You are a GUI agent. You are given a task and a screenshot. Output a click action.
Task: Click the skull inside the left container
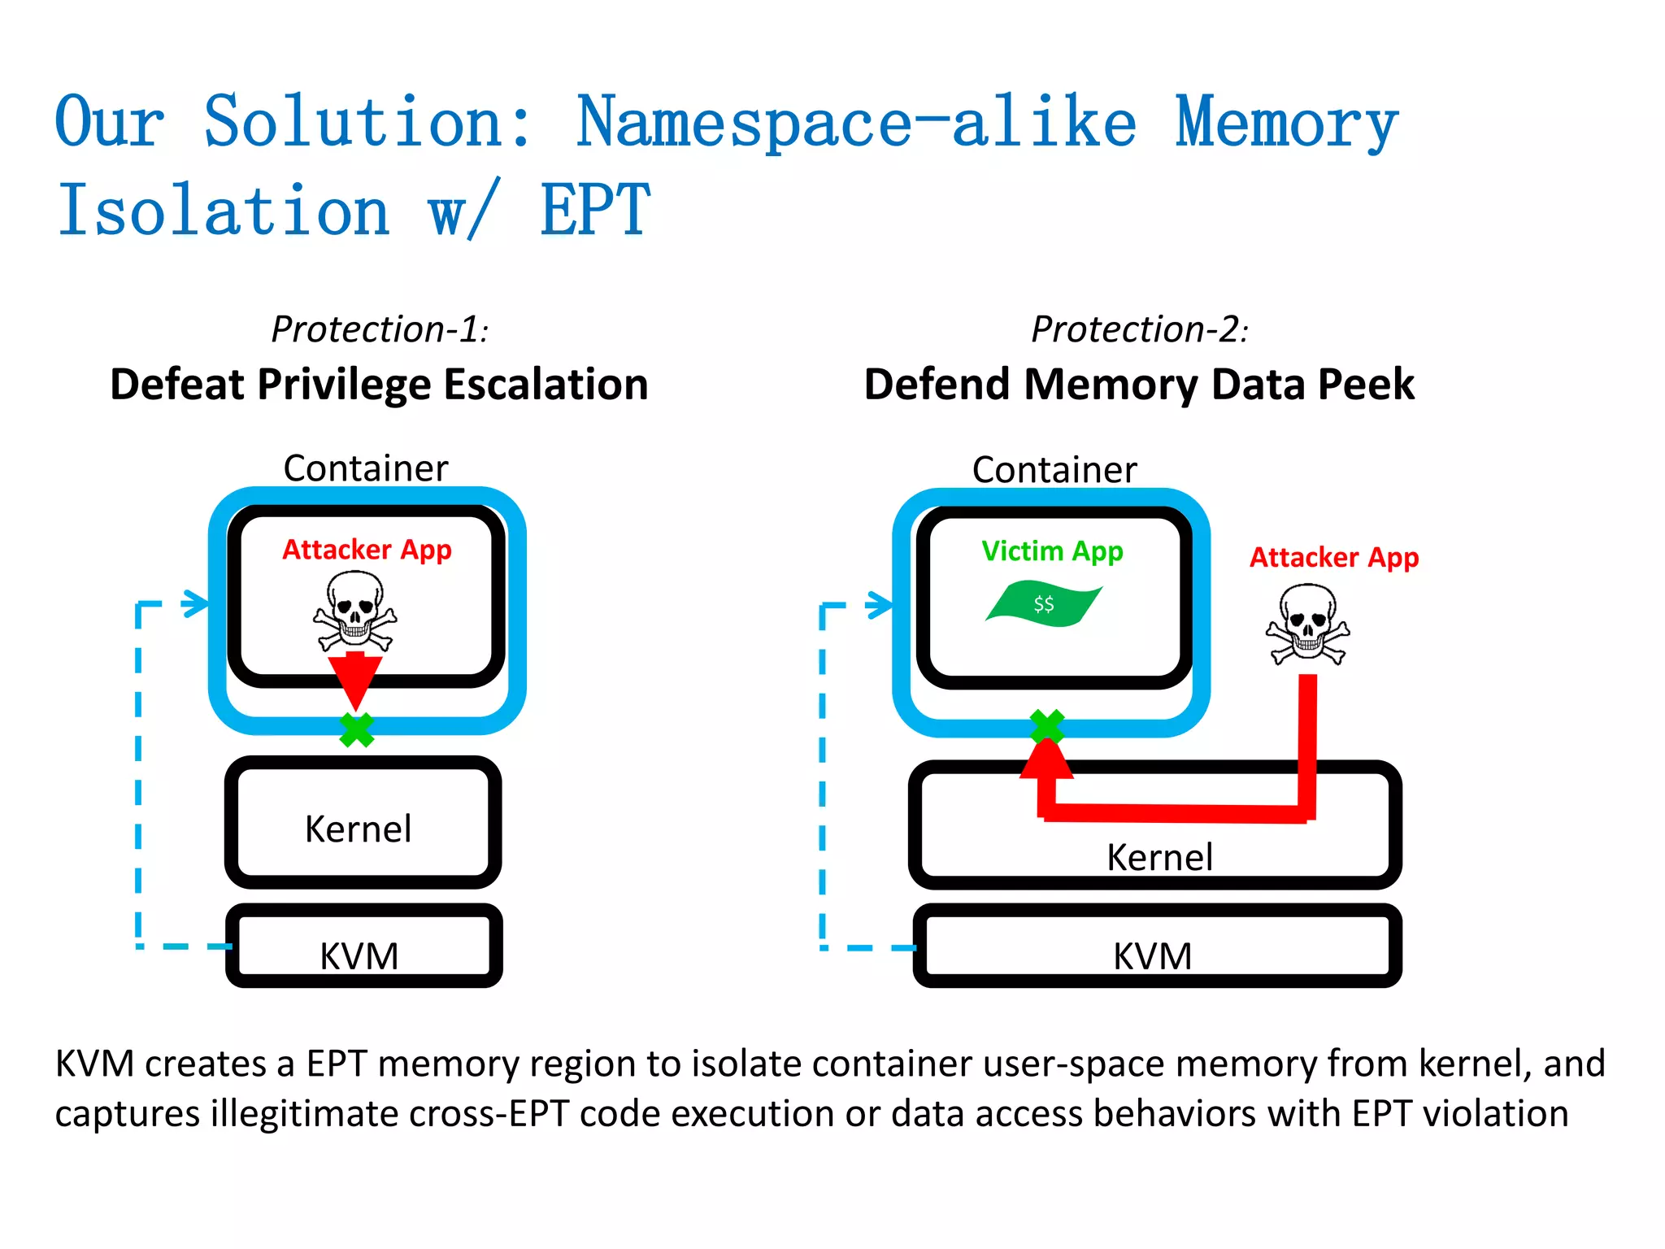click(354, 610)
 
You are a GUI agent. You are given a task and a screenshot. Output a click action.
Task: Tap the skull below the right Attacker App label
click(1307, 624)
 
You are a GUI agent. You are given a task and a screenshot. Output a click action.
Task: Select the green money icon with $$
click(1044, 603)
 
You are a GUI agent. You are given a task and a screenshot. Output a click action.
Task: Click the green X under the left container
click(356, 729)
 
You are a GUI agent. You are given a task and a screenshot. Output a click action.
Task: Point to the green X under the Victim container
click(1047, 726)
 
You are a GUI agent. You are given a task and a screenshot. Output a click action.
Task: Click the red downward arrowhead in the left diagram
click(354, 680)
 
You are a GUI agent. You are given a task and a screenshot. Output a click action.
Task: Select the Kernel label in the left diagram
click(358, 829)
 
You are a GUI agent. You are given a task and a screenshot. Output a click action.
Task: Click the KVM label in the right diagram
click(1152, 955)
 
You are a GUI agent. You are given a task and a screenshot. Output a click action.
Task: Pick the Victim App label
click(1052, 551)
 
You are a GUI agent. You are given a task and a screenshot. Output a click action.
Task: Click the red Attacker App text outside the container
click(1333, 558)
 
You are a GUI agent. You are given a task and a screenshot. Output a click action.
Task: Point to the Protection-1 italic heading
click(379, 329)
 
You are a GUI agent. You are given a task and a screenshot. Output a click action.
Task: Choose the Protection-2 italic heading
click(1139, 329)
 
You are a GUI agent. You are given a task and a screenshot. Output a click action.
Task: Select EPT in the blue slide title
click(595, 211)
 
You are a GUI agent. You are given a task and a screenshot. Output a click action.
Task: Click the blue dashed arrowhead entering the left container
click(196, 603)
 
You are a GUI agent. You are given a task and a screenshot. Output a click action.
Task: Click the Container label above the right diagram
click(1054, 470)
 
